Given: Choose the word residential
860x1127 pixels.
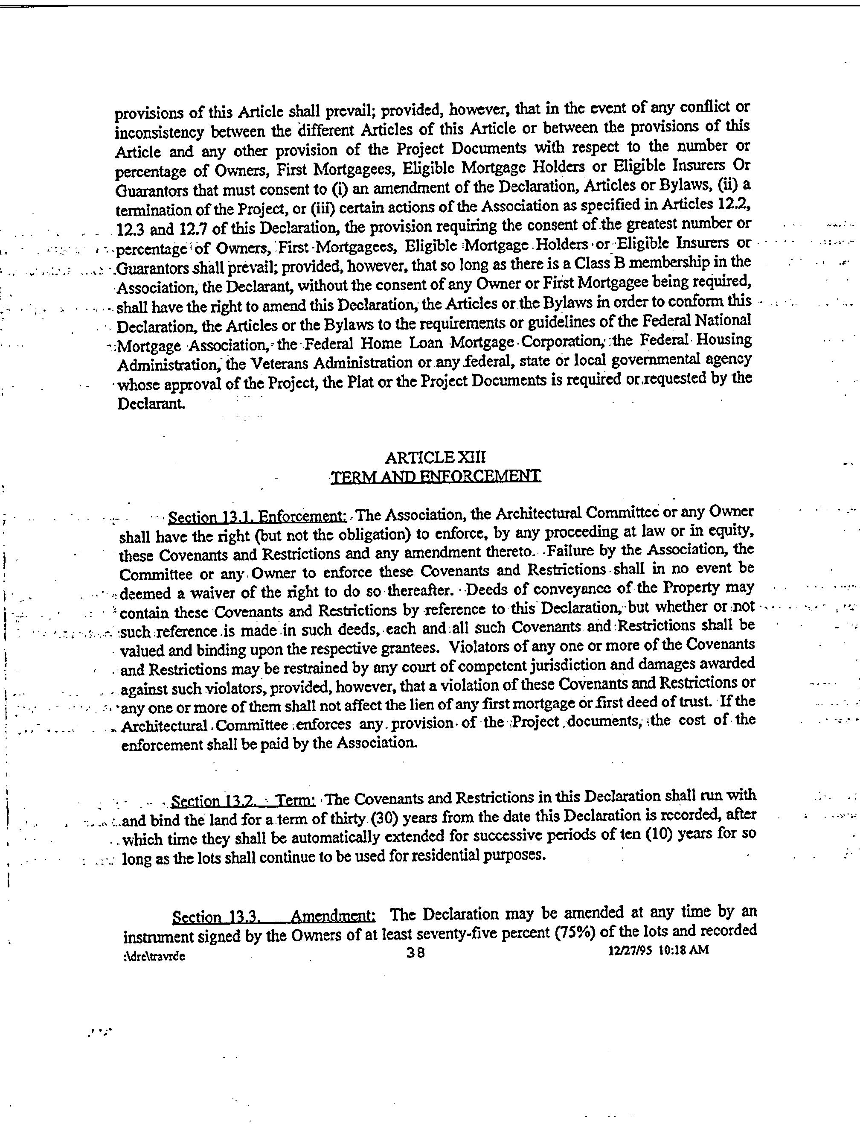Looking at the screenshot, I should (x=445, y=855).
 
